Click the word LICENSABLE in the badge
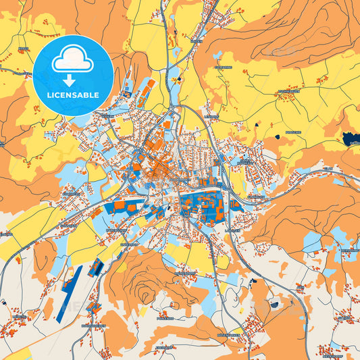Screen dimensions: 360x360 (x=73, y=95)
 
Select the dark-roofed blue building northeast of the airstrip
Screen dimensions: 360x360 (x=95, y=267)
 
